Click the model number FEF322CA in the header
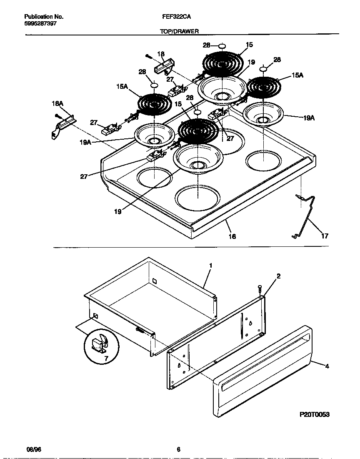point(174,17)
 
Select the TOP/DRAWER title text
point(180,31)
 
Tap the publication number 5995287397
point(40,24)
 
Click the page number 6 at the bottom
point(178,449)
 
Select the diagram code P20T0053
point(315,415)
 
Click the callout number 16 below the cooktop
point(232,236)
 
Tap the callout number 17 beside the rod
point(325,236)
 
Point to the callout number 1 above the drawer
point(211,265)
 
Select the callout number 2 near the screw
point(278,276)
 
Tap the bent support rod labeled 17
point(308,217)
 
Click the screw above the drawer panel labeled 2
point(260,288)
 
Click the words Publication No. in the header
point(44,17)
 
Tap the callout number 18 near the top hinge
point(161,54)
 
